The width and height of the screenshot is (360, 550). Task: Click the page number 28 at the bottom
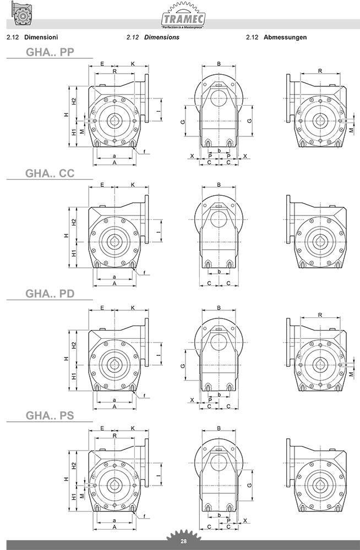pos(183,542)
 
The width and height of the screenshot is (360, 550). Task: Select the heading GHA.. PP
pos(50,52)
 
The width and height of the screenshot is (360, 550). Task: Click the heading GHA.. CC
pos(50,173)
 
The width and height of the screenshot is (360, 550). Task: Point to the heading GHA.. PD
pos(50,294)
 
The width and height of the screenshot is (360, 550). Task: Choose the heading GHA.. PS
pos(50,416)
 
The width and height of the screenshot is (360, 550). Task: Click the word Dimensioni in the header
pos(41,37)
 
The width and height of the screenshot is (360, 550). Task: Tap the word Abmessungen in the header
pos(285,37)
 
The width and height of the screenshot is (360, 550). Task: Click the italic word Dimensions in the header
pos(162,37)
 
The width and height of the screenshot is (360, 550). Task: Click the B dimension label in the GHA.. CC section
pos(219,184)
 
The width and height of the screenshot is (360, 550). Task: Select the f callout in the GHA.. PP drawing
pos(144,152)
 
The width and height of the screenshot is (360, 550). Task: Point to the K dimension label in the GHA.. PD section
pos(133,307)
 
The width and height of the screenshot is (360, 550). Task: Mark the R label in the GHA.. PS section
pos(114,435)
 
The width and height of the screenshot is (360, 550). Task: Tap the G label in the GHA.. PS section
pos(249,485)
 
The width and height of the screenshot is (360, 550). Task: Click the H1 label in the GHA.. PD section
pos(74,376)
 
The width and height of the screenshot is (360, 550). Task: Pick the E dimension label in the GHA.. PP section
pos(102,64)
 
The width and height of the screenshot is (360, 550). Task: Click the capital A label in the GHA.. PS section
pos(114,527)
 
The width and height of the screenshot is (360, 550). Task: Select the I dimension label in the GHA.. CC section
pos(158,232)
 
